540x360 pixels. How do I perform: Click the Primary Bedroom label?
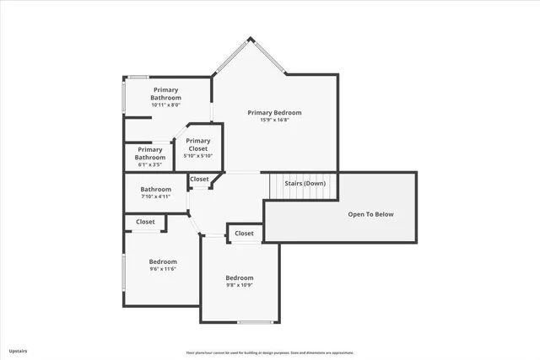pyautogui.click(x=274, y=112)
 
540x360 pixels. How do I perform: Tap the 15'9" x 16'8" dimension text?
pyautogui.click(x=274, y=120)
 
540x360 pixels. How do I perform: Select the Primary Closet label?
pyautogui.click(x=198, y=144)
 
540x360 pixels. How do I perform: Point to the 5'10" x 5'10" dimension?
pyautogui.click(x=198, y=156)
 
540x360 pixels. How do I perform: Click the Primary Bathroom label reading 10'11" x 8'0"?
pyautogui.click(x=165, y=105)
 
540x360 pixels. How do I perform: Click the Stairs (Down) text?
pyautogui.click(x=305, y=183)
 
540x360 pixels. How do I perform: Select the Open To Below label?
pyautogui.click(x=371, y=214)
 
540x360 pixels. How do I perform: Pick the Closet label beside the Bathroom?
pyautogui.click(x=200, y=179)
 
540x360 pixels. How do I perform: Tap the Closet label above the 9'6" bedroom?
pyautogui.click(x=145, y=223)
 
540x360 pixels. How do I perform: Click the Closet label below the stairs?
pyautogui.click(x=244, y=234)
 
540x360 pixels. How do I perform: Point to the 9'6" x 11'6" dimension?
pyautogui.click(x=163, y=269)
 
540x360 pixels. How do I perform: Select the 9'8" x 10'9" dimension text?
pyautogui.click(x=239, y=285)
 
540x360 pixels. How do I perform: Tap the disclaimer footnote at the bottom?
pyautogui.click(x=270, y=353)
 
